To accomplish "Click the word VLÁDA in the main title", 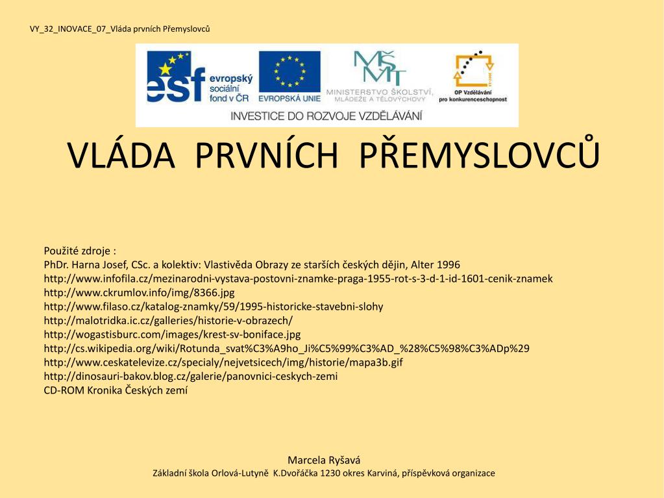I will click(x=121, y=155).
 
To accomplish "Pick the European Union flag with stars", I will click(x=289, y=71).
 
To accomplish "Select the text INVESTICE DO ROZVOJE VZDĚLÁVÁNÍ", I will click(x=326, y=116).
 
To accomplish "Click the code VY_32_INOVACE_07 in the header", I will click(x=69, y=29).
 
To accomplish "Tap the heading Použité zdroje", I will click(x=80, y=251).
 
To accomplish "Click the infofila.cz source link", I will click(x=298, y=279).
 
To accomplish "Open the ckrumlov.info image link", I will click(x=139, y=292).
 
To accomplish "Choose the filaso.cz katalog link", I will click(x=214, y=306).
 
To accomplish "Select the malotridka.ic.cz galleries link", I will click(x=168, y=320).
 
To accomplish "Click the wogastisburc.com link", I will click(x=172, y=334).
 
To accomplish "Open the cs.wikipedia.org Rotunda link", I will click(x=286, y=348).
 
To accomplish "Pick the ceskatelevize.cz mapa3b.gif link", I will click(x=223, y=362).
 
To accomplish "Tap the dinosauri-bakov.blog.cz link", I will click(x=191, y=376).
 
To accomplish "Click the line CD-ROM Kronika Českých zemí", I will click(x=116, y=390).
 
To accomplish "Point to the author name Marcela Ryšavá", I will click(x=324, y=460).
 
